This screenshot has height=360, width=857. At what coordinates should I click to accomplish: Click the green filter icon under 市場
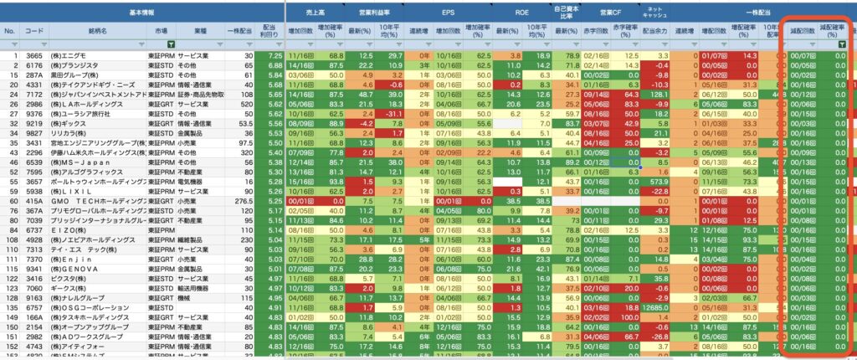click(x=171, y=44)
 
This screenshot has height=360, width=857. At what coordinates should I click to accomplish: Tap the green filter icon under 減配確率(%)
click(x=844, y=44)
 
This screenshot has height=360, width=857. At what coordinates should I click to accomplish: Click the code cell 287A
click(x=33, y=74)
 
